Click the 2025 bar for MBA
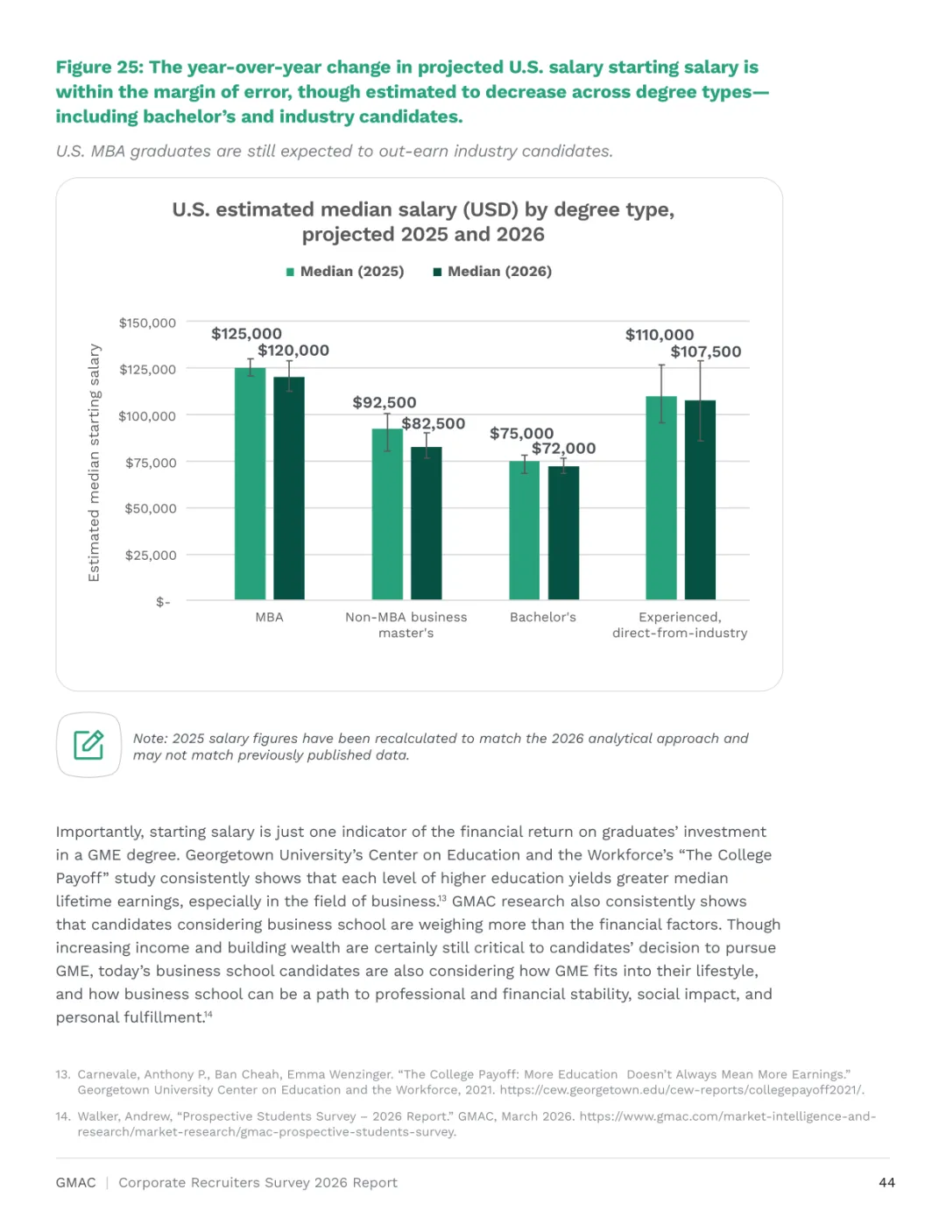250,483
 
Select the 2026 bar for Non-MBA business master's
426,522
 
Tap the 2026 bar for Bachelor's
563,533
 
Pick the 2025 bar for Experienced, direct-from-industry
661,497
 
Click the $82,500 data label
434,423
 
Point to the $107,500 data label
705,351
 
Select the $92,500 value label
385,402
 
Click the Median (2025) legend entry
345,271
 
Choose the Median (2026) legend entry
492,271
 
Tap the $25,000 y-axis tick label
151,556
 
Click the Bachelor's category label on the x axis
542,617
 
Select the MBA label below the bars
269,617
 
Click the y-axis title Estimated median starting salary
94,463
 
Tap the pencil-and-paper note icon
88,745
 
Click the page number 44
886,1182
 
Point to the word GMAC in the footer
75,1182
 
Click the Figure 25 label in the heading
100,67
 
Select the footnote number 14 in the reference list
62,1116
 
